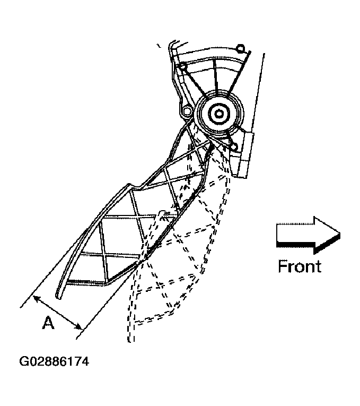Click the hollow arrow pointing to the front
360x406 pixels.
(x=306, y=234)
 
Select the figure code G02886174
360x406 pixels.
(x=54, y=362)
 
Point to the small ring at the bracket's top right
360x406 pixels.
(x=240, y=48)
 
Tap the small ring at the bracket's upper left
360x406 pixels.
(x=182, y=66)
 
